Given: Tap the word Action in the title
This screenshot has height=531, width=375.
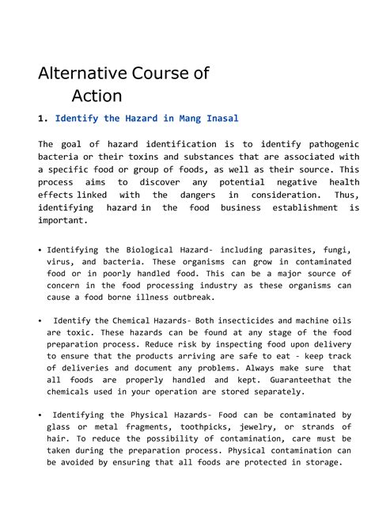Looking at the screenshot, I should click(97, 97).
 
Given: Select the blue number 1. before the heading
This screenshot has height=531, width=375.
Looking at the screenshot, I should click(43, 118).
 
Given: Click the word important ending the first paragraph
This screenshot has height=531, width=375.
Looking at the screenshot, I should click(67, 220).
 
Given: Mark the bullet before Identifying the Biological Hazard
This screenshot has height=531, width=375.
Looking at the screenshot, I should click(40, 250).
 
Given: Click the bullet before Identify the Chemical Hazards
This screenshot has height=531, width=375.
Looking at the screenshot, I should click(40, 320).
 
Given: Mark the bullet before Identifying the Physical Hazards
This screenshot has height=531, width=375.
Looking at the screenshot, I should click(40, 415).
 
